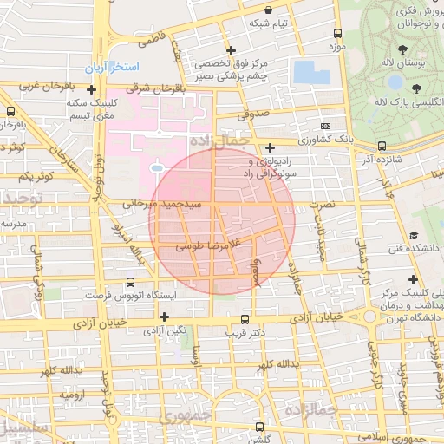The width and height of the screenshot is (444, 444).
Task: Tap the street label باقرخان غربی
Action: (35, 88)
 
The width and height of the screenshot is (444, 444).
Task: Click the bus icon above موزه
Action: (337, 33)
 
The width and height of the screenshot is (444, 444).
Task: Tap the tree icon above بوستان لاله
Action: (403, 49)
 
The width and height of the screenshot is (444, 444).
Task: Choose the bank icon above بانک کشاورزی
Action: (271, 147)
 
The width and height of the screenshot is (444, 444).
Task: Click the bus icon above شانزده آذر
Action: (382, 147)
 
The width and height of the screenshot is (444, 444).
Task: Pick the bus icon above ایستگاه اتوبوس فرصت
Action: (131, 282)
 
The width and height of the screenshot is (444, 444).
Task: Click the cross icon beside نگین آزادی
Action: (163, 317)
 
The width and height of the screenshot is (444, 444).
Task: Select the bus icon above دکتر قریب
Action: (246, 318)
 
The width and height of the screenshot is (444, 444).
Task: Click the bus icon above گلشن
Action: (259, 426)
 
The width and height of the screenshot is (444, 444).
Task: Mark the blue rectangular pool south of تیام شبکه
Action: (311, 71)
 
